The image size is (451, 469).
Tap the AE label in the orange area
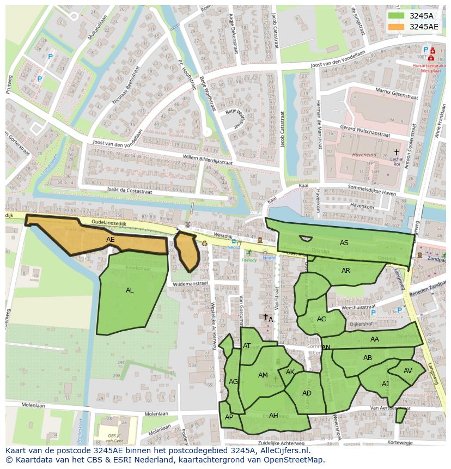pyautogui.click(x=111, y=240)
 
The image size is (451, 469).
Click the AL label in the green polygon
pyautogui.click(x=130, y=290)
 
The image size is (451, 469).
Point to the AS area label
pyautogui.click(x=344, y=243)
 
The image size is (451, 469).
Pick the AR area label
pyautogui.click(x=346, y=271)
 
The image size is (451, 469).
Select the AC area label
pyautogui.click(x=321, y=319)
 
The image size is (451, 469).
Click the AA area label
pyautogui.click(x=374, y=339)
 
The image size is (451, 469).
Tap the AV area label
pyautogui.click(x=408, y=371)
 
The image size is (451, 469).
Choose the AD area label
pyautogui.click(x=307, y=393)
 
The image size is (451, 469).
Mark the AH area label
pyautogui.click(x=273, y=416)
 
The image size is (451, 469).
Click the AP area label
pyautogui.click(x=229, y=417)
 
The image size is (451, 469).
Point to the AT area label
pyautogui.click(x=247, y=346)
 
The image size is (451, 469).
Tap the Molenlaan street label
pyautogui.click(x=33, y=405)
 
